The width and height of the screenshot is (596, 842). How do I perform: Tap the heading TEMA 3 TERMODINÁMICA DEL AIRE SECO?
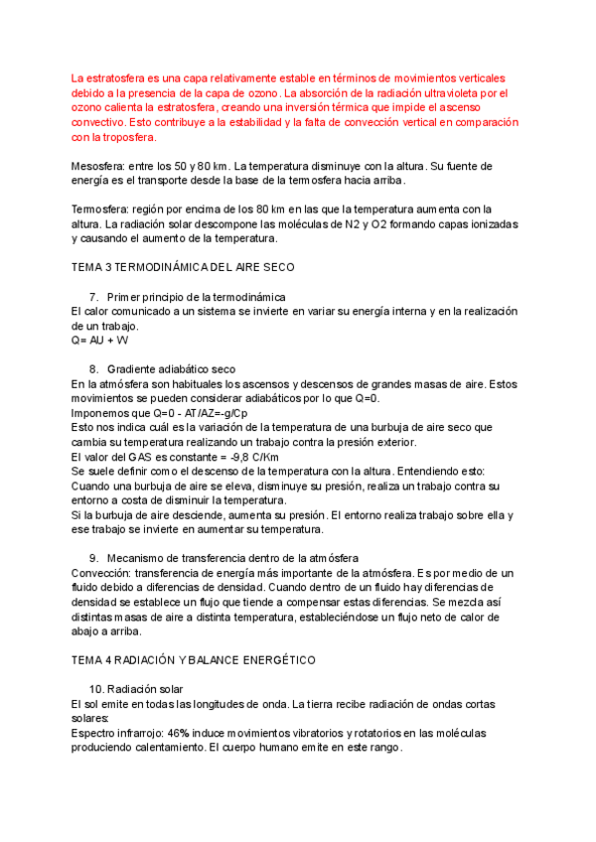[x=183, y=268]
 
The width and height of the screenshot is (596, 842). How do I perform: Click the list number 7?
[x=93, y=297]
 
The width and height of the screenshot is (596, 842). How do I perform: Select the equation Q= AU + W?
[x=100, y=341]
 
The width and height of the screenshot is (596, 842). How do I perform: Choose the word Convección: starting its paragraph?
[x=106, y=573]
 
